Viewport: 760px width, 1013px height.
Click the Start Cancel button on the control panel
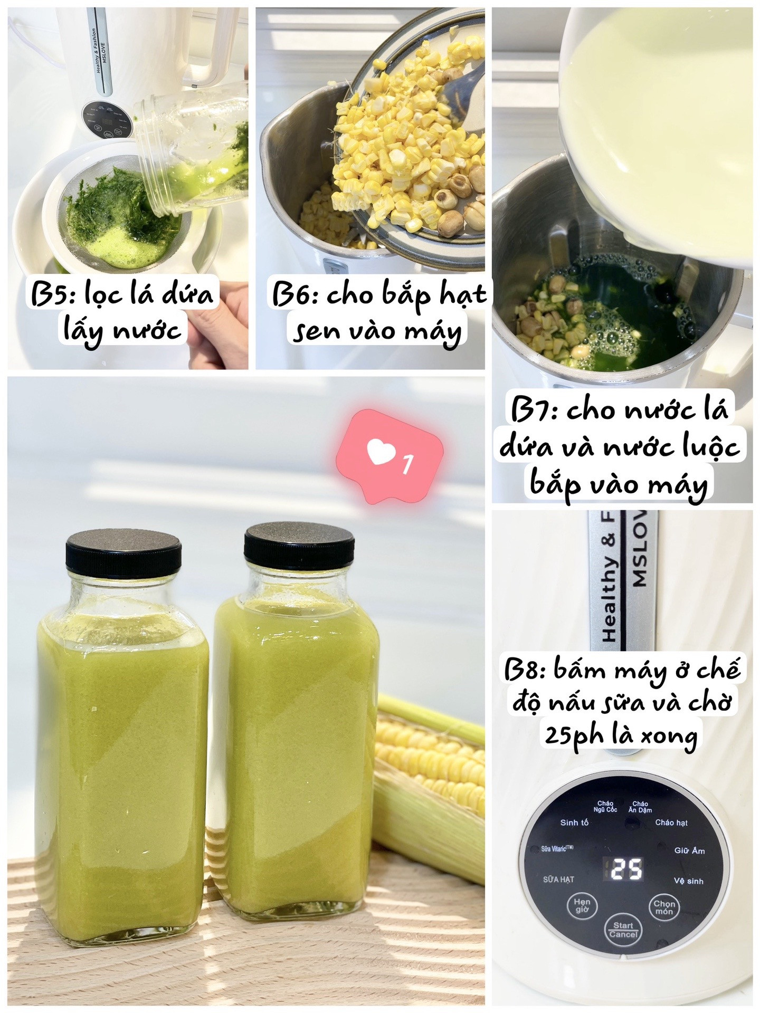click(x=623, y=930)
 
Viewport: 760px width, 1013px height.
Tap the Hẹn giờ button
click(x=582, y=905)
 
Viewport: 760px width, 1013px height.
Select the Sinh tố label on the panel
click(x=574, y=823)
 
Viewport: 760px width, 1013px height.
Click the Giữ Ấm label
click(x=689, y=850)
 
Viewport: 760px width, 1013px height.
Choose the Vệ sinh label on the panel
click(x=688, y=881)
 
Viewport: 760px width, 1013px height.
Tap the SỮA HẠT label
click(x=558, y=879)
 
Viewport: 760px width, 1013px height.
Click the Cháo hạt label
click(x=671, y=823)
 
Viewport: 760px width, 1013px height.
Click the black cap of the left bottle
click(x=123, y=554)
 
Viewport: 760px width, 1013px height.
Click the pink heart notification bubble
click(x=389, y=455)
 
